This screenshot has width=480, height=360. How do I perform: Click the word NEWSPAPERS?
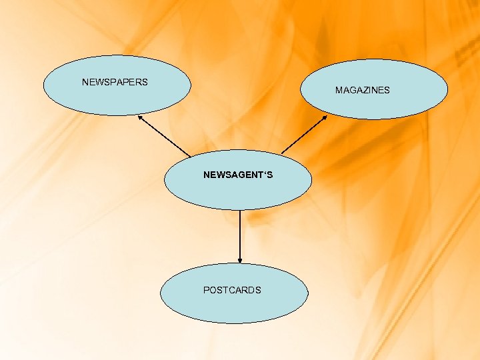[x=115, y=83]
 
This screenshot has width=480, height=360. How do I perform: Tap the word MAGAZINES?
[x=363, y=90]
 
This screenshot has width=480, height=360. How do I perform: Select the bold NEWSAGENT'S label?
[x=238, y=175]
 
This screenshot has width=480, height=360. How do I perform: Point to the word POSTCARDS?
[x=232, y=290]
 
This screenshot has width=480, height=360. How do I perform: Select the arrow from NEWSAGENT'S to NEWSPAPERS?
[x=164, y=137]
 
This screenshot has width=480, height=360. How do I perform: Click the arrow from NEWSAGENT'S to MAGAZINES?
[x=304, y=135]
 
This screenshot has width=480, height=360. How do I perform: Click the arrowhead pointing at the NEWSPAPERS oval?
[x=140, y=117]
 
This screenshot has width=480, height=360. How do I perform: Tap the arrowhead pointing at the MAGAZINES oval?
[x=325, y=117]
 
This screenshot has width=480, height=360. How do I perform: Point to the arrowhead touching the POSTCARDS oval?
[x=239, y=261]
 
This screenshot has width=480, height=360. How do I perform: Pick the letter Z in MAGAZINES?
[x=363, y=90]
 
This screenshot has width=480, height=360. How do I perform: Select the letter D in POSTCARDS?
[x=250, y=290]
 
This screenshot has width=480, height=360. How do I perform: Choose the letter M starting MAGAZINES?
[x=339, y=90]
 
